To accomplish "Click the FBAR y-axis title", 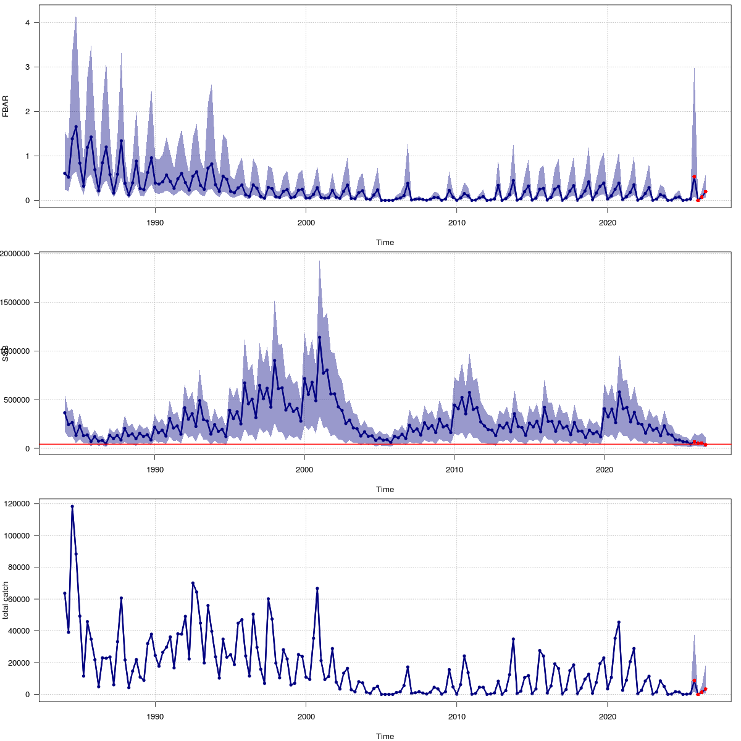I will point(6,106).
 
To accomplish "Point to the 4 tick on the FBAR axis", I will point(28,23).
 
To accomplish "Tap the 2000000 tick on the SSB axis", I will point(19,253).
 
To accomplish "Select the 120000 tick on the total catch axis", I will point(20,504).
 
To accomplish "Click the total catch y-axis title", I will point(6,600).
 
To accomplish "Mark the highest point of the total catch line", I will point(72,506).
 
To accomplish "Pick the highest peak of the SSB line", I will point(319,337).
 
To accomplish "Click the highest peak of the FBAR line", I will point(76,127).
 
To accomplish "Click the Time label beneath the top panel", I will point(385,243).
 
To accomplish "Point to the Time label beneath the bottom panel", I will point(385,736).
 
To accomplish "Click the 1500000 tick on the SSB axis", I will point(19,302).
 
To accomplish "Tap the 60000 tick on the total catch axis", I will point(23,599).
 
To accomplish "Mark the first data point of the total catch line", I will point(65,593).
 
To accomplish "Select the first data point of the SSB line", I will point(65,412).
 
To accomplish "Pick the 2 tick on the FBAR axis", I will point(28,112).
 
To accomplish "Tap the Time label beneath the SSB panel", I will point(385,490).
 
